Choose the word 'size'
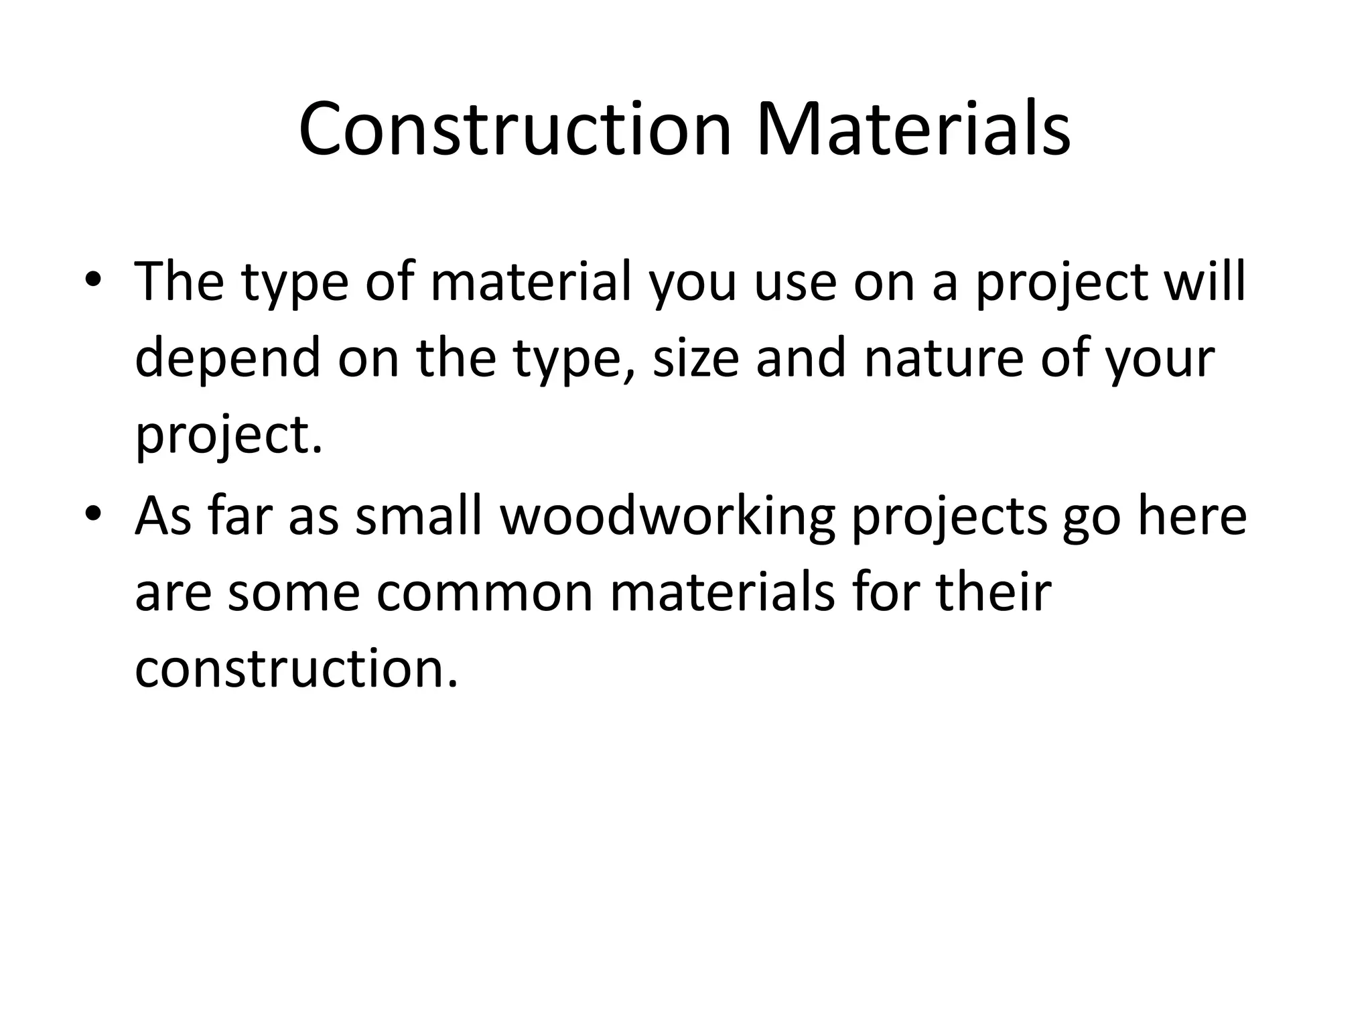(x=695, y=358)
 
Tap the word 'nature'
(x=944, y=358)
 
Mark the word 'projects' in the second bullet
(x=949, y=517)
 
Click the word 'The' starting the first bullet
(x=179, y=281)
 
